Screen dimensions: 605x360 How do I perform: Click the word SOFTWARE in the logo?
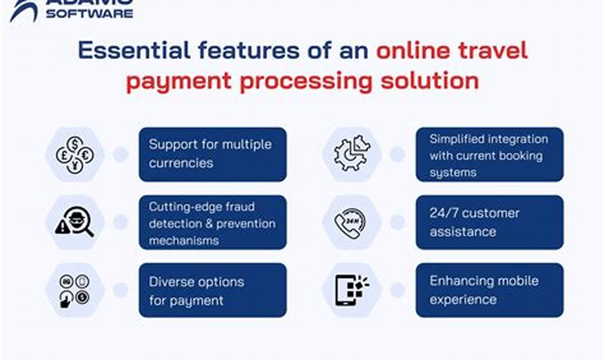tap(89, 14)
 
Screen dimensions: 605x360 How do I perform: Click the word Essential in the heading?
tap(134, 50)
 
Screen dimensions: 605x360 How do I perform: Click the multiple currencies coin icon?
tap(75, 155)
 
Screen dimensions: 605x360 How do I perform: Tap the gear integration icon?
tap(352, 153)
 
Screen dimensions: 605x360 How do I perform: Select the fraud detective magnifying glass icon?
tap(74, 222)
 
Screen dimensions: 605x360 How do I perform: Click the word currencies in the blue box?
tap(181, 163)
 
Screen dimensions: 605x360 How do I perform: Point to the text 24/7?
tap(445, 213)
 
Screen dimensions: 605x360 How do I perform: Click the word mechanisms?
tap(184, 241)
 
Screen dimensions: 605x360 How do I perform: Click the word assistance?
tap(463, 232)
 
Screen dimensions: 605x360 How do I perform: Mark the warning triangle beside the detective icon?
tap(62, 227)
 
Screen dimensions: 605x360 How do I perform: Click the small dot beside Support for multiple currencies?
tap(120, 154)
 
